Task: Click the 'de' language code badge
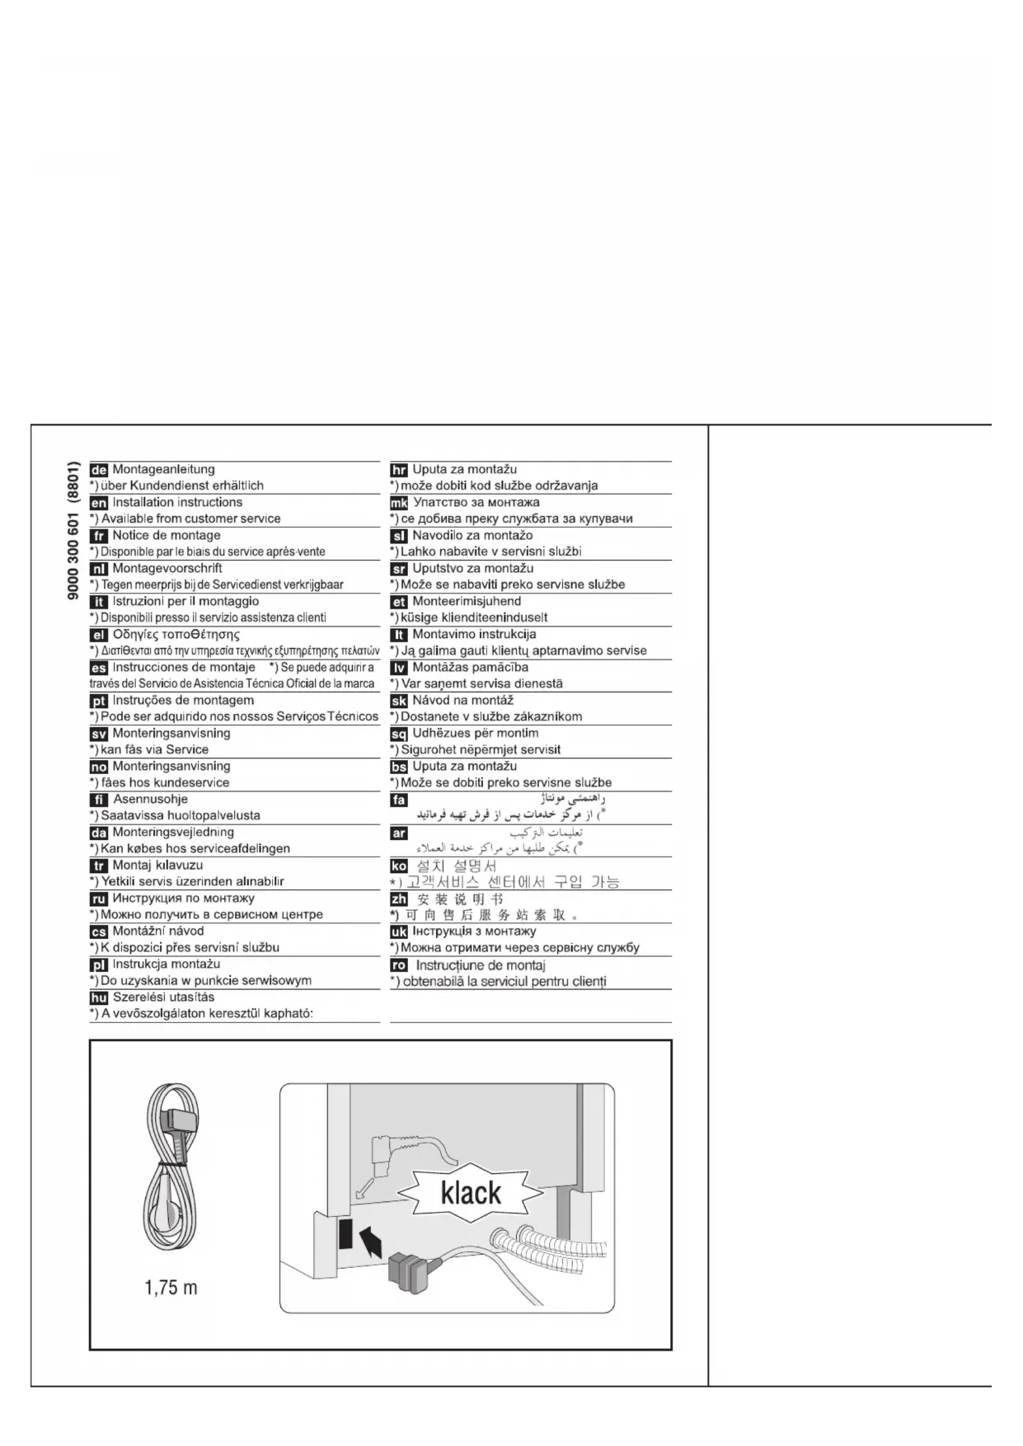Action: coord(99,471)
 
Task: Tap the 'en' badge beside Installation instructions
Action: coord(99,504)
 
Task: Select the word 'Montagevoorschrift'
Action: coord(167,569)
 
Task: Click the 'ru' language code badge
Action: coord(99,899)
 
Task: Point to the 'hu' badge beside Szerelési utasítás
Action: coord(99,998)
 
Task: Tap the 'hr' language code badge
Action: coord(399,471)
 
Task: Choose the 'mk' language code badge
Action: coord(399,504)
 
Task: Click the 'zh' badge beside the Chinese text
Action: coord(399,899)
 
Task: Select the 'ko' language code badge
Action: coord(399,866)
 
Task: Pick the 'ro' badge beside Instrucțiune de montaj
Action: coord(399,965)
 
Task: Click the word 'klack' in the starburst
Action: coord(471,1193)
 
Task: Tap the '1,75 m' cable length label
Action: coord(171,1288)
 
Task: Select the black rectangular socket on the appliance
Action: coord(345,1235)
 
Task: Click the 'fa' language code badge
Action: coord(399,800)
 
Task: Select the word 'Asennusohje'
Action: coord(150,800)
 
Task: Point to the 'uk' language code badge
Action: coord(399,932)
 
